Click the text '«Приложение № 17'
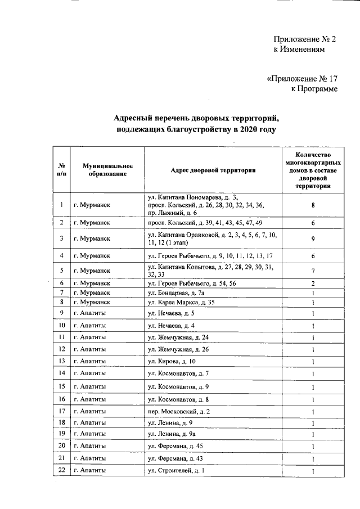click(x=302, y=78)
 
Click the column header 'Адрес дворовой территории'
click(x=213, y=169)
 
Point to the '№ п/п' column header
click(x=61, y=169)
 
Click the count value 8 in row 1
click(x=312, y=205)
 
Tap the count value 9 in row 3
click(x=312, y=238)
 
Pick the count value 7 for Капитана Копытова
click(x=312, y=271)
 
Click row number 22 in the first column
click(x=61, y=470)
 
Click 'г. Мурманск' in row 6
click(x=92, y=283)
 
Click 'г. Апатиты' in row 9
click(x=90, y=313)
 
